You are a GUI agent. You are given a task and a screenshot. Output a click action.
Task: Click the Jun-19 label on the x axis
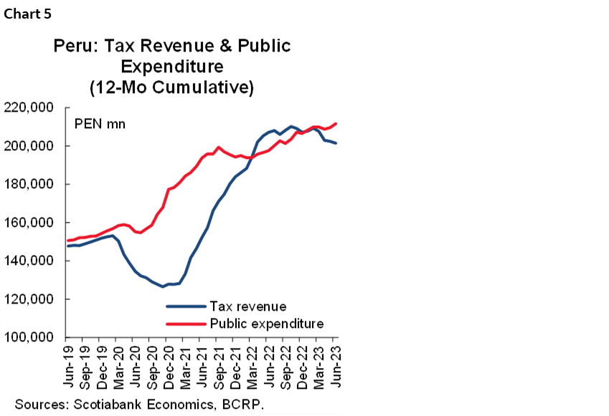(x=70, y=365)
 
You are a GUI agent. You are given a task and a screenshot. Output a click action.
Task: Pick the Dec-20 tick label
(x=170, y=365)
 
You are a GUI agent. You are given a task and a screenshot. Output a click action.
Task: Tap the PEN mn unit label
(x=100, y=124)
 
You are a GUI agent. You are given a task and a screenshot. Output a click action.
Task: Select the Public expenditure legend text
(x=267, y=324)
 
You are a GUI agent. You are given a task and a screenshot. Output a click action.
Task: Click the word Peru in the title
(x=73, y=47)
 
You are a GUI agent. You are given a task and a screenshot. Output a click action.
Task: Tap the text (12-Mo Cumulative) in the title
(x=172, y=88)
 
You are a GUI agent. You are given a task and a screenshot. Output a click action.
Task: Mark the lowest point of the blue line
(x=164, y=286)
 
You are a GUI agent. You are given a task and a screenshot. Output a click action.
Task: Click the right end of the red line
(x=336, y=124)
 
